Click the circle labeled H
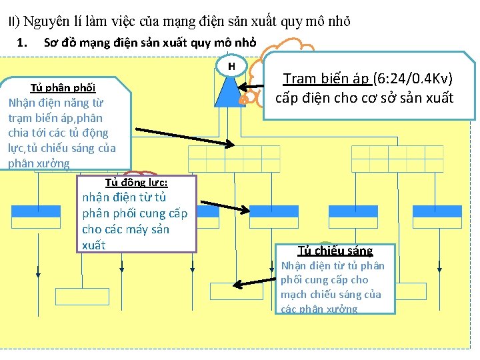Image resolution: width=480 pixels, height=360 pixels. (x=231, y=66)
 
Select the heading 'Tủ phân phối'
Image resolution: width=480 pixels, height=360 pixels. (x=63, y=88)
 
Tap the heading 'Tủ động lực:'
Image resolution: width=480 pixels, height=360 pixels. (x=136, y=183)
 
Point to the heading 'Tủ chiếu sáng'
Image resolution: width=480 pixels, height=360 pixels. (x=335, y=251)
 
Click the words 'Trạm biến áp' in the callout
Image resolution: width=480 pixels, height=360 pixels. (x=326, y=78)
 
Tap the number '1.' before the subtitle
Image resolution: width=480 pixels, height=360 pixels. (x=23, y=44)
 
